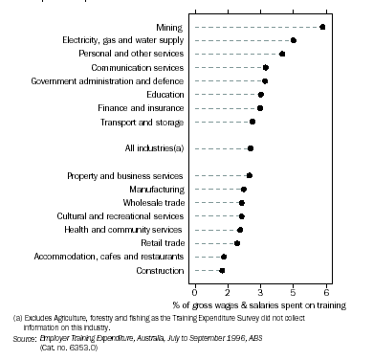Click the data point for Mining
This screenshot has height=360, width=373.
click(x=322, y=27)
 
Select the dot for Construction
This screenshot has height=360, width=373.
click(x=222, y=271)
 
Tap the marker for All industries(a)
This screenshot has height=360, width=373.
click(x=251, y=148)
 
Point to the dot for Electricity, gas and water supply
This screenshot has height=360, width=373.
click(x=294, y=40)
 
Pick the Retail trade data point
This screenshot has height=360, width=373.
click(x=237, y=243)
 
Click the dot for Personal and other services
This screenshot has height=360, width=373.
click(x=281, y=55)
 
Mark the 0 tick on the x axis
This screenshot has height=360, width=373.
click(x=194, y=290)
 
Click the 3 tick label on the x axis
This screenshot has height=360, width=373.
click(x=260, y=290)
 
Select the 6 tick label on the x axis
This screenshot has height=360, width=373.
click(x=326, y=290)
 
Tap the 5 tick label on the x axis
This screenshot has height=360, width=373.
click(x=304, y=290)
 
